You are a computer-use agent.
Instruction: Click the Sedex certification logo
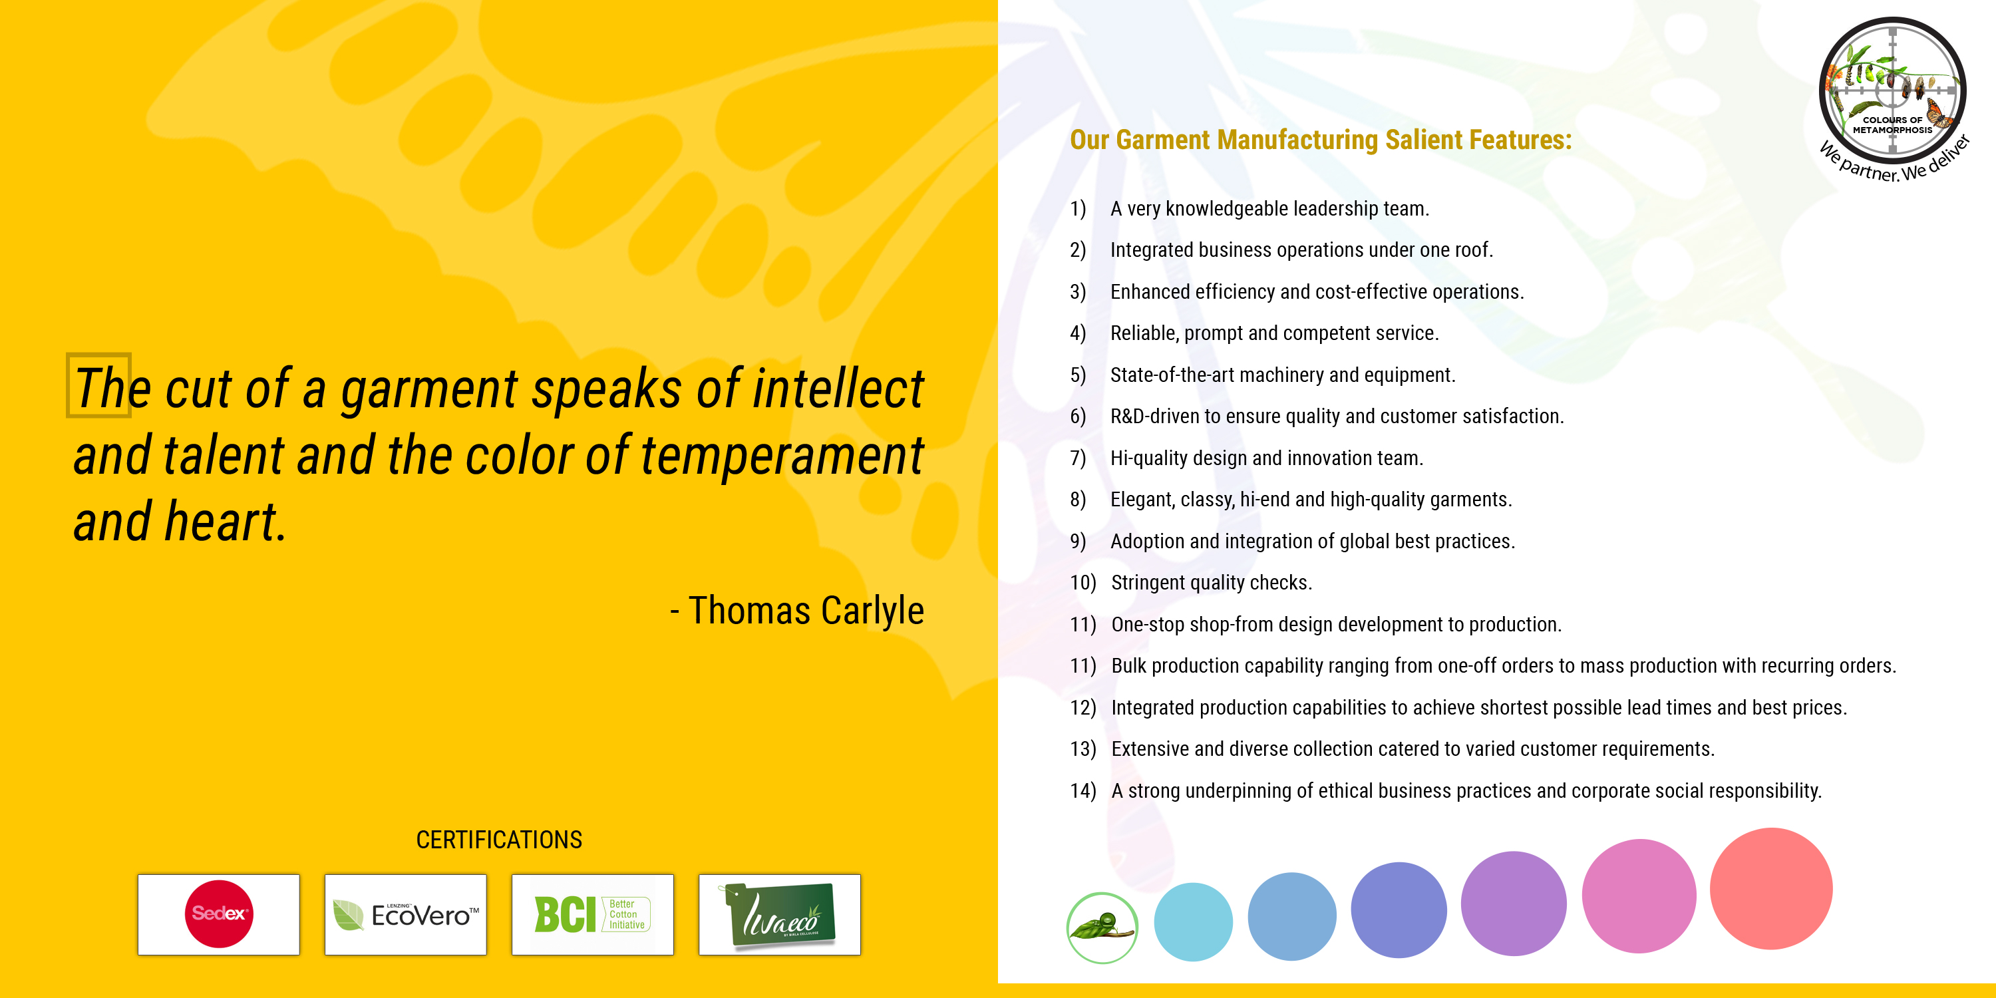(x=218, y=914)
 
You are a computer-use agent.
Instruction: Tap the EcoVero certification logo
(x=405, y=914)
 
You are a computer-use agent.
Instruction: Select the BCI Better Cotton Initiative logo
(x=593, y=914)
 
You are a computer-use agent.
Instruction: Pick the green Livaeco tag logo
(x=780, y=914)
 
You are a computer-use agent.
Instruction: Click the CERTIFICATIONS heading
(x=499, y=840)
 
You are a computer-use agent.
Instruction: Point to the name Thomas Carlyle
(x=806, y=611)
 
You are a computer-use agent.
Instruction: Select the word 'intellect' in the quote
(x=838, y=389)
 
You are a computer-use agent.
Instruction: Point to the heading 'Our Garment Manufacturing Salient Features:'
(x=1321, y=140)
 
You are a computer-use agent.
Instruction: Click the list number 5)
(x=1078, y=375)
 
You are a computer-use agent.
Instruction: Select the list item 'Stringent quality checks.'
(x=1212, y=583)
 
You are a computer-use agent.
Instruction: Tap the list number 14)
(x=1083, y=790)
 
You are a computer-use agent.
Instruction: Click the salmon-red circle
(x=1771, y=888)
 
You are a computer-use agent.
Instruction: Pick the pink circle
(x=1639, y=896)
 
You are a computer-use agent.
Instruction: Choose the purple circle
(x=1513, y=904)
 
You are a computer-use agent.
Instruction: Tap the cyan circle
(x=1193, y=922)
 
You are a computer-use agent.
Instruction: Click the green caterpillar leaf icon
(x=1102, y=927)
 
